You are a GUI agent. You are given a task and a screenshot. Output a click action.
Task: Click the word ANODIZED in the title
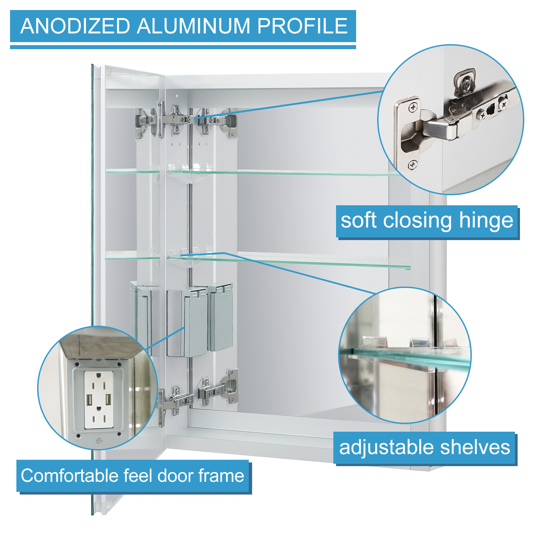pos(75,26)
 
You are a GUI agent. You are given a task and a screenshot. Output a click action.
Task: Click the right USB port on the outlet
pos(108,399)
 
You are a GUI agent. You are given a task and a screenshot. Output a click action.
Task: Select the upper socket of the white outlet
pos(99,386)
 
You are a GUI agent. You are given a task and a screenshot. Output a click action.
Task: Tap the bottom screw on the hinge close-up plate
pos(413,165)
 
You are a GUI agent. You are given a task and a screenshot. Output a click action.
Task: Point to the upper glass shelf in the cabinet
pos(284,173)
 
